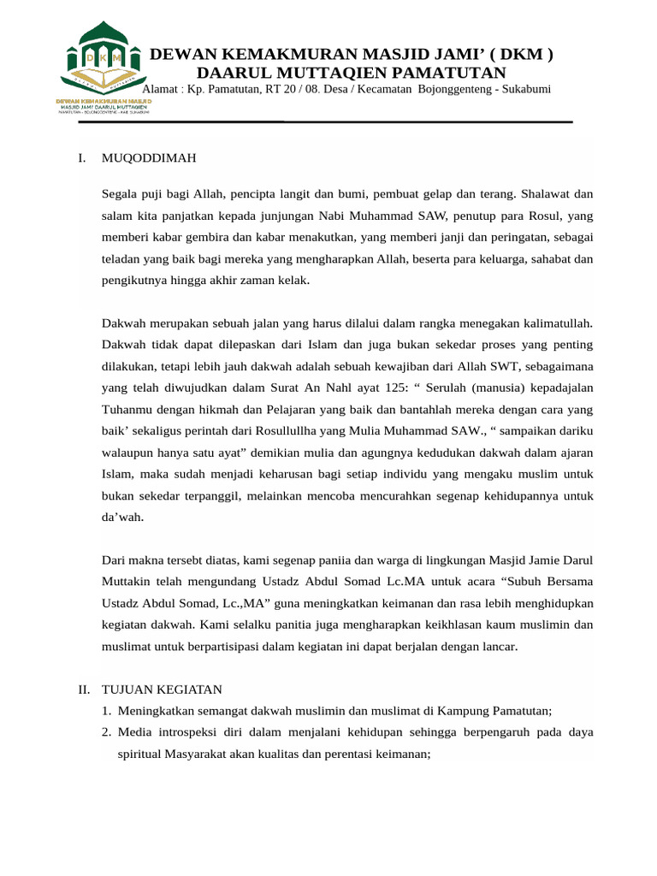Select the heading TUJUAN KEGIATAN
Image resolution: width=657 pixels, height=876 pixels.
pyautogui.click(x=162, y=689)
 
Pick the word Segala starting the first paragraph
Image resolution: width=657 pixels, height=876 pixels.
pyautogui.click(x=119, y=194)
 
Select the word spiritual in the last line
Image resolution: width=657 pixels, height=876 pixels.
pyautogui.click(x=143, y=755)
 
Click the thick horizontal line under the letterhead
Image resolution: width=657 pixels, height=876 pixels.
pyautogui.click(x=325, y=122)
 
